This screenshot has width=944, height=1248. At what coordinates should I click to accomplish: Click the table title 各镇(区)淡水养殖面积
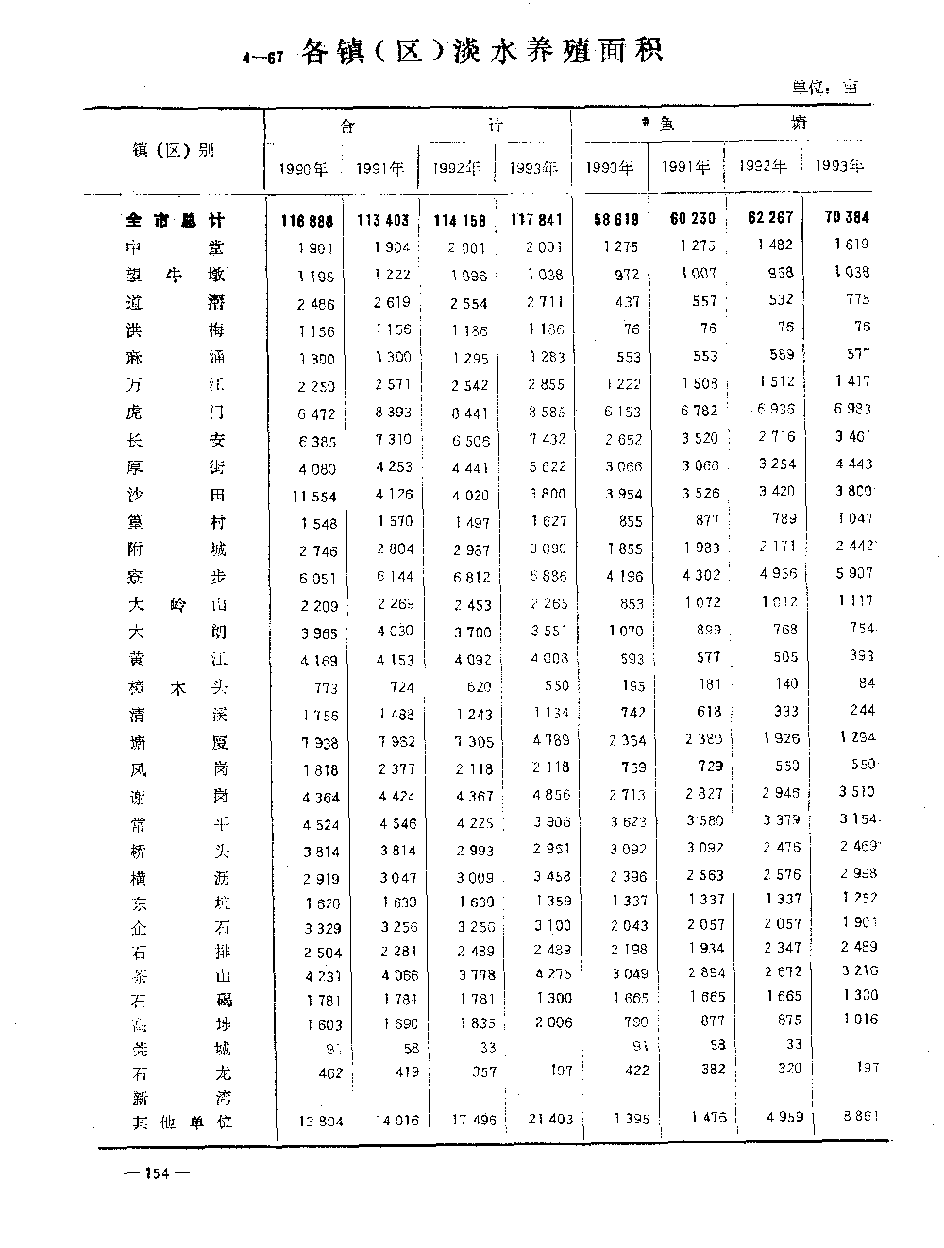(x=481, y=51)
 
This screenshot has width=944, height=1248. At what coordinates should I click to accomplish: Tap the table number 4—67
(x=263, y=59)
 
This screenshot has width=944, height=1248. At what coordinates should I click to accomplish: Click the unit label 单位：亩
(x=825, y=87)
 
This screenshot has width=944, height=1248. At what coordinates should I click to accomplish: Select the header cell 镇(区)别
(x=174, y=149)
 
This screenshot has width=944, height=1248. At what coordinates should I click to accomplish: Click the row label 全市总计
(x=176, y=221)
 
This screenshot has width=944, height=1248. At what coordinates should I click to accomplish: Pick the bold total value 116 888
(x=307, y=221)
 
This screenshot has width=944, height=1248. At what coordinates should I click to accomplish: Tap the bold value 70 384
(x=847, y=217)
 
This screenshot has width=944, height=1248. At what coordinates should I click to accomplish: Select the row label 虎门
(x=176, y=413)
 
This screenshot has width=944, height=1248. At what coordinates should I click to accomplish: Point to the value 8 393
(x=382, y=413)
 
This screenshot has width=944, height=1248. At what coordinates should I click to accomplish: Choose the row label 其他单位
(x=181, y=1122)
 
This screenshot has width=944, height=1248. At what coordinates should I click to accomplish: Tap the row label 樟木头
(x=176, y=686)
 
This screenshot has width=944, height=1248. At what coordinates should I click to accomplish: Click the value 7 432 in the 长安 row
(x=540, y=440)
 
